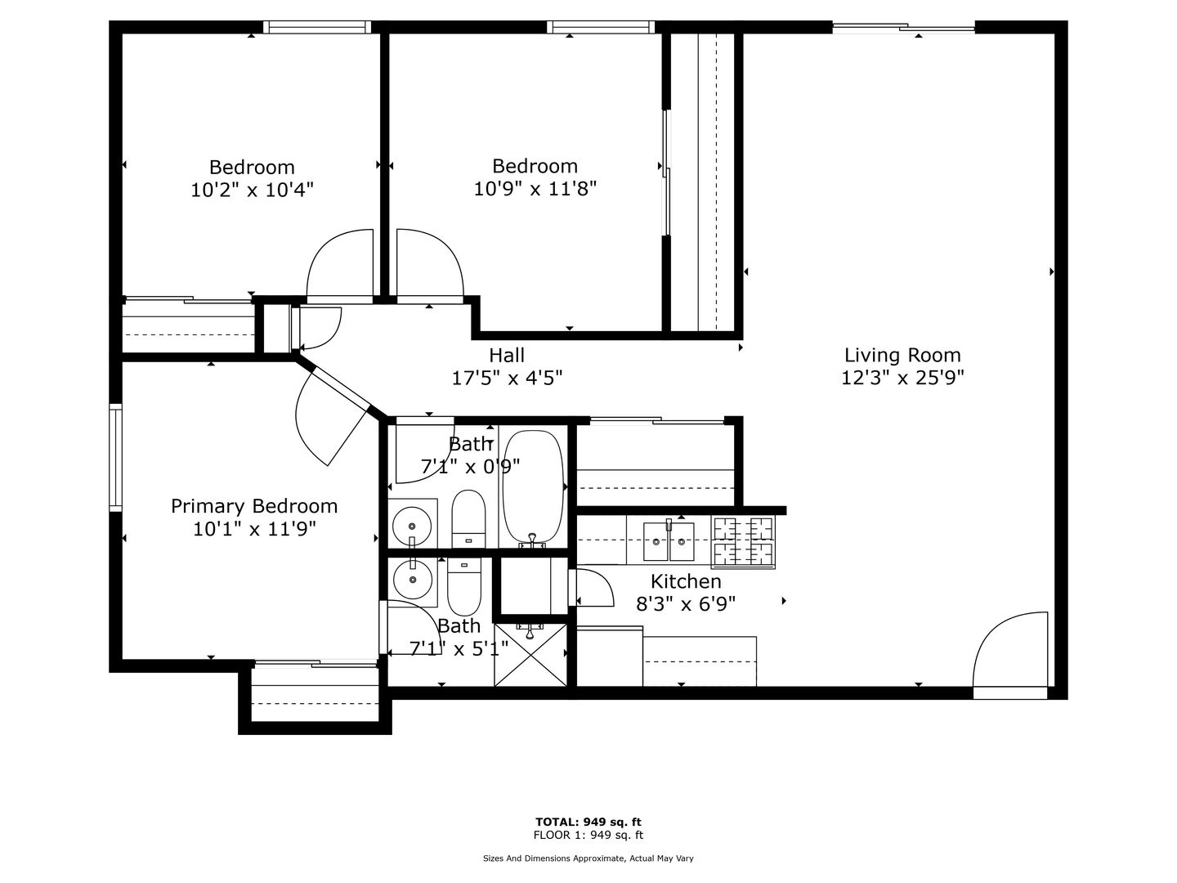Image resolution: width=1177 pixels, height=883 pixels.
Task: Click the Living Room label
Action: coord(902,355)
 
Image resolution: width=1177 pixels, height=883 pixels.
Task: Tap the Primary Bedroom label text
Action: coord(254,506)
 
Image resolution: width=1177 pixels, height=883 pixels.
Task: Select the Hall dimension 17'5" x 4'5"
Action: coord(507,379)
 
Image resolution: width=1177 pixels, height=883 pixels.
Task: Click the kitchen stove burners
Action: coord(743,541)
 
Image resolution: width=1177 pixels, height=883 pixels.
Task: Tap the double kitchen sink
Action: coord(669,541)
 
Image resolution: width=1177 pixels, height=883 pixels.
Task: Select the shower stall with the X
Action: coord(530,655)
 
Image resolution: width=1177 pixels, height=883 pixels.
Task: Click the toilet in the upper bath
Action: coord(468,519)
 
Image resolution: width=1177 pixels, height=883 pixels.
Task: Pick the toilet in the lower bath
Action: coord(463,586)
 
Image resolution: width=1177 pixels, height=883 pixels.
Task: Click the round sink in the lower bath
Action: coord(412,580)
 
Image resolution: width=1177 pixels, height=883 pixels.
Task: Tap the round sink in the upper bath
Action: coord(412,526)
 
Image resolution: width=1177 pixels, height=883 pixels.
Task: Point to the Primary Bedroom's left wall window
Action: coord(115,458)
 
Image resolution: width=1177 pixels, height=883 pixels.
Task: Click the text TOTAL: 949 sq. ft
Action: coord(588,822)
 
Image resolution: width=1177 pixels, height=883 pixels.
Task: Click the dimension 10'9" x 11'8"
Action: coord(535,189)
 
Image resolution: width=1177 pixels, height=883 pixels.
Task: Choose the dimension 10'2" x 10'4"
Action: coord(252,190)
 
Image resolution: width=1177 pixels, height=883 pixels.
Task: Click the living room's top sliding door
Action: coord(903,28)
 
